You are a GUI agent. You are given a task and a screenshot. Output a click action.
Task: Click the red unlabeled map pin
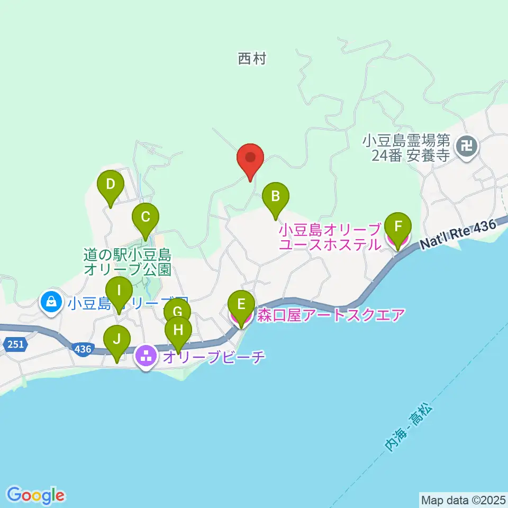point(250,159)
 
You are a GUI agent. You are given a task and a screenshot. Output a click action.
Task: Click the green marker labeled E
point(241,306)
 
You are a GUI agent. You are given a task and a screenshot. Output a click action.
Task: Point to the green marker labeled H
point(178,332)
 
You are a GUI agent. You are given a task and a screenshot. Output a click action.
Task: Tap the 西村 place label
point(251,59)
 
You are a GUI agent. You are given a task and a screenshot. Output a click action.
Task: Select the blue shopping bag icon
point(51,302)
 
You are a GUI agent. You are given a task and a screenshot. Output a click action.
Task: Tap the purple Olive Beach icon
point(146,356)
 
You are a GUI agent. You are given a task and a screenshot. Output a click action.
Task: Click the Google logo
point(36,495)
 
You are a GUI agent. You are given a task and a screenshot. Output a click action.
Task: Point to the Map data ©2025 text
point(463,499)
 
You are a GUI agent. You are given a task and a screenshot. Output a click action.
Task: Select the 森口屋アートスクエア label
point(331,316)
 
